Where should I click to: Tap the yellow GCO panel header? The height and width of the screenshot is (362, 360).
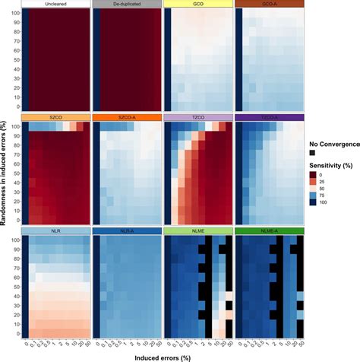pos(197,5)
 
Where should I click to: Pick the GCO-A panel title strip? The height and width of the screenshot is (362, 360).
pos(269,5)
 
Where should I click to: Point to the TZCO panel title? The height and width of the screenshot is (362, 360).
pos(197,118)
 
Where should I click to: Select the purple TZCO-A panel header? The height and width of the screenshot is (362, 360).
pos(269,118)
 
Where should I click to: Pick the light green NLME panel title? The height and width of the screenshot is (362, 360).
pos(197,231)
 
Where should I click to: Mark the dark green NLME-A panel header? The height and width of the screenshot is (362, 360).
pos(269,231)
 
